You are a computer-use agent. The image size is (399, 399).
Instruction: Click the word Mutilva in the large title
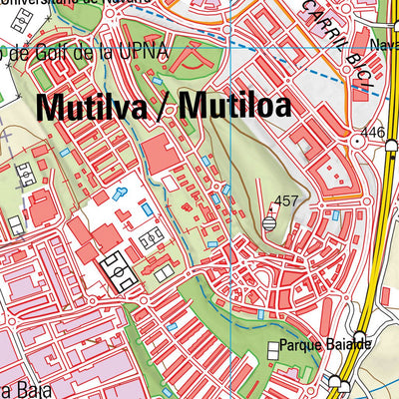pyautogui.click(x=92, y=106)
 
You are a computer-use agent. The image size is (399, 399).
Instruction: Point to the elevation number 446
pyautogui.click(x=373, y=133)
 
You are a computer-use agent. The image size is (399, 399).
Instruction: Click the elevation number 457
pyautogui.click(x=286, y=200)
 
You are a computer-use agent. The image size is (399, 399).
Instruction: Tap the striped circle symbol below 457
pyautogui.click(x=269, y=224)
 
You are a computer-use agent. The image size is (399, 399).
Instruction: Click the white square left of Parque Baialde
pyautogui.click(x=273, y=348)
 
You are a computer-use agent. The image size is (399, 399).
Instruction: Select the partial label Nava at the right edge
pyautogui.click(x=383, y=44)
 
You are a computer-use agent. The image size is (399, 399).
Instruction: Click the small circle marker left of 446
pyautogui.click(x=356, y=142)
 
